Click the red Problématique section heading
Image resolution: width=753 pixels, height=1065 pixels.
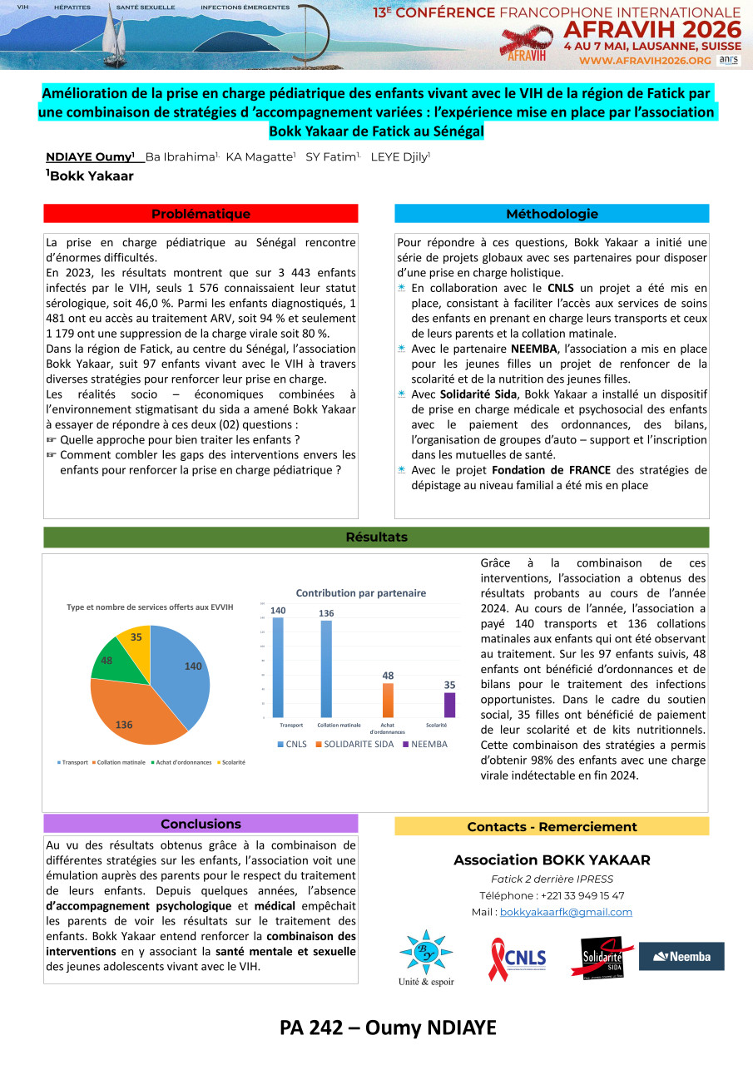[201, 214]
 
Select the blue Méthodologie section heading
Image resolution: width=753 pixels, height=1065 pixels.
[552, 214]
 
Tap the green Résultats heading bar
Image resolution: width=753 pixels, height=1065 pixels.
[376, 537]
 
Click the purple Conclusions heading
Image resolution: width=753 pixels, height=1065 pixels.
[201, 824]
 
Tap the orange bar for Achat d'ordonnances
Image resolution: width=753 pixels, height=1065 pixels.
[388, 700]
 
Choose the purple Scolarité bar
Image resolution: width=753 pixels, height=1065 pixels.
[450, 704]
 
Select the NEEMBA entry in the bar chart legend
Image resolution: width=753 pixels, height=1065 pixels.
[424, 744]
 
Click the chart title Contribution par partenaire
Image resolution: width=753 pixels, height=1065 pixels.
[361, 593]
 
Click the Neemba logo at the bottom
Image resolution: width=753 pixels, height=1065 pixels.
[681, 956]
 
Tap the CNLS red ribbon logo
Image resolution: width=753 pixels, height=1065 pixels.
[517, 958]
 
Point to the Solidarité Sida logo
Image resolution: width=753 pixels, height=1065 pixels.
[602, 957]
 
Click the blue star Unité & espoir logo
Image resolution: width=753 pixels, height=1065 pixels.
[426, 953]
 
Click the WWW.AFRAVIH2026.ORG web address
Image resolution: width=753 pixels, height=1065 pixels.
[645, 61]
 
